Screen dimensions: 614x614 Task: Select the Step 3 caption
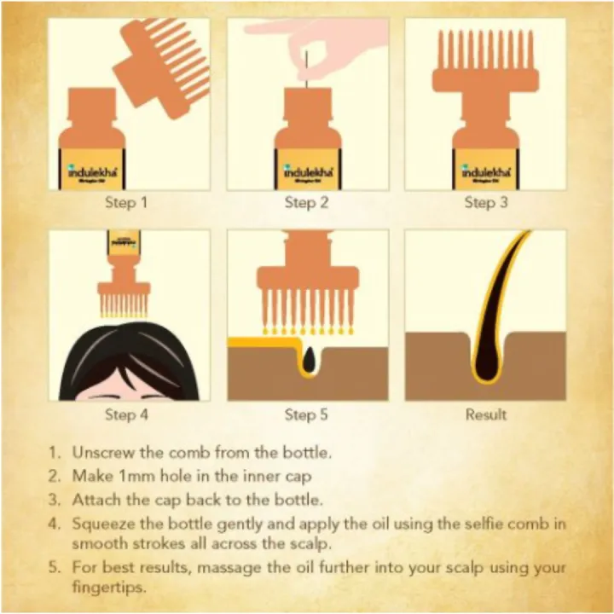(x=485, y=203)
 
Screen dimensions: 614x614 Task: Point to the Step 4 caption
(x=126, y=415)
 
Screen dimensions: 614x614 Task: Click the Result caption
(x=485, y=415)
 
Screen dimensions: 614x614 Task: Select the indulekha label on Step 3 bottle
(x=485, y=171)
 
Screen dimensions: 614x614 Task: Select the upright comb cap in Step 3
(x=485, y=68)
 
